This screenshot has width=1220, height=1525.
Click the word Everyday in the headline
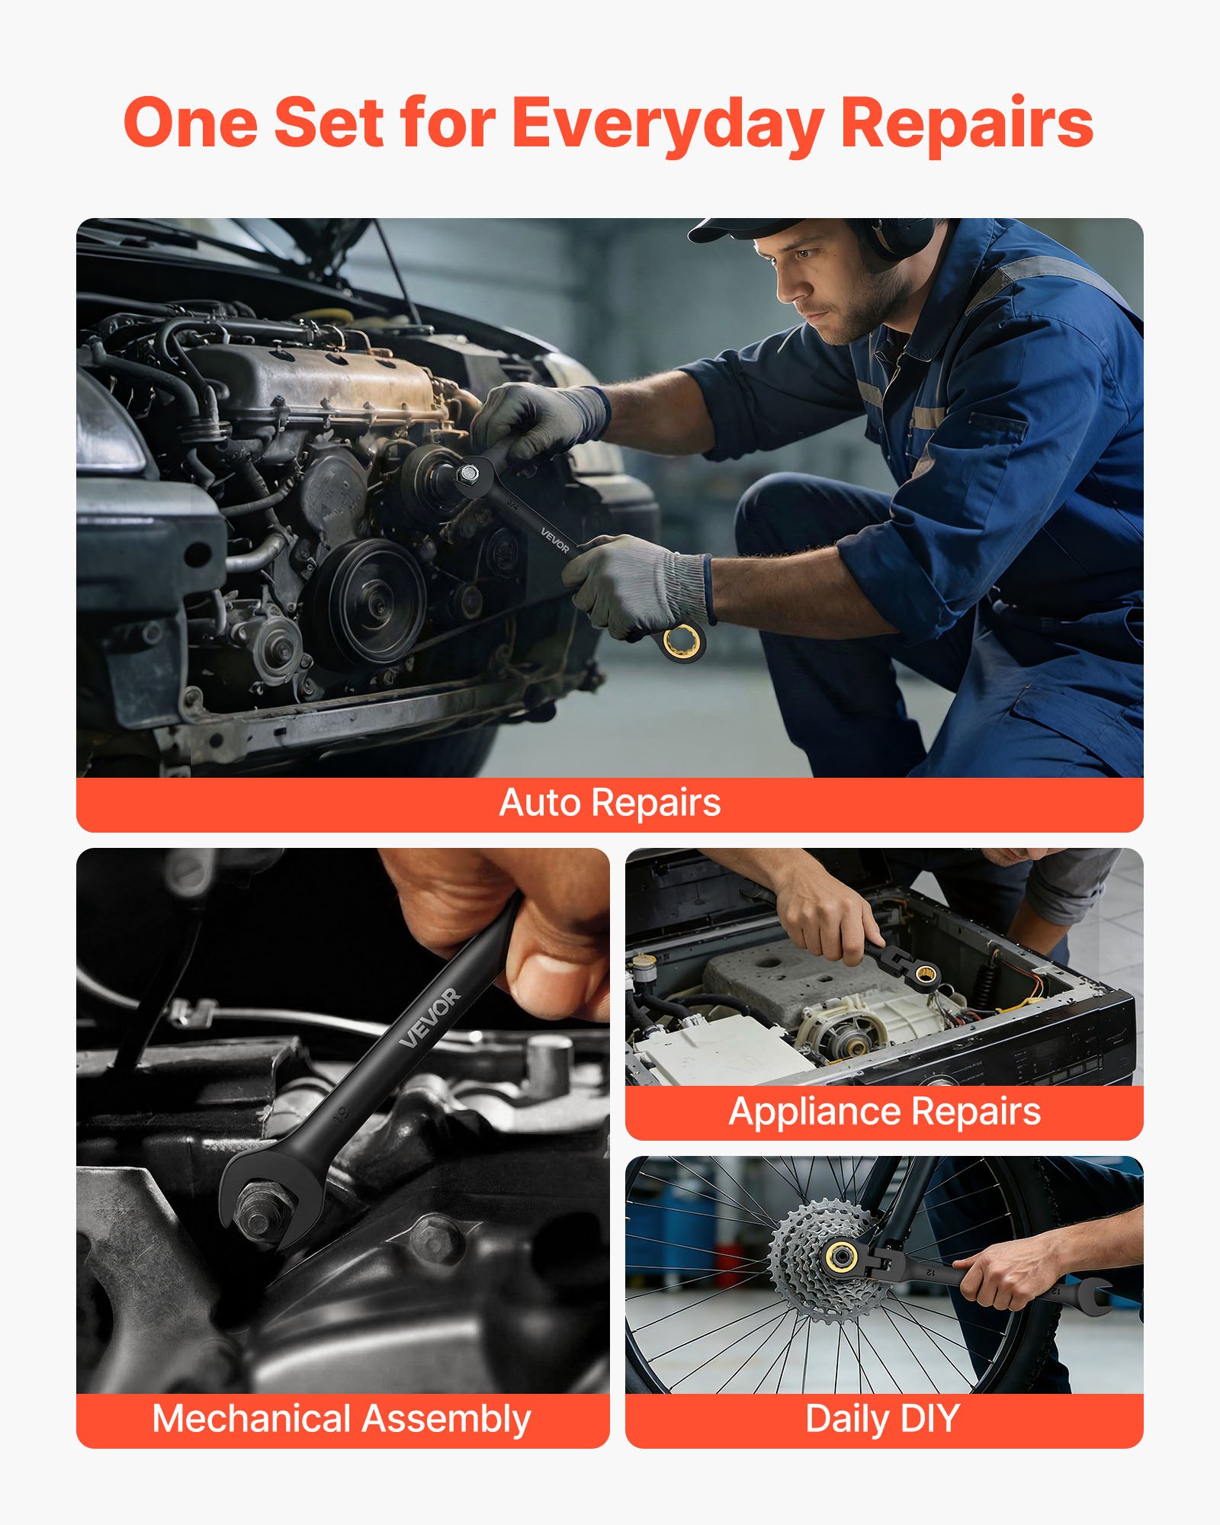(667, 124)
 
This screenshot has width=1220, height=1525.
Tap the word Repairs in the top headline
(966, 124)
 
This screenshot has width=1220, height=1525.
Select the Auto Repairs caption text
(610, 803)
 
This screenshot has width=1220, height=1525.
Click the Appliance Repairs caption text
(884, 1111)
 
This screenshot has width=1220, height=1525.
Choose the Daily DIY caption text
(882, 1419)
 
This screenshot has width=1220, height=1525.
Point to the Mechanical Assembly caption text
(342, 1419)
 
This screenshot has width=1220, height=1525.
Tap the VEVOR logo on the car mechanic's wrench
(555, 539)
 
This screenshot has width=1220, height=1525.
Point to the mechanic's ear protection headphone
(896, 236)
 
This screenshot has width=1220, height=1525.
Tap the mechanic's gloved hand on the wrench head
(534, 419)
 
